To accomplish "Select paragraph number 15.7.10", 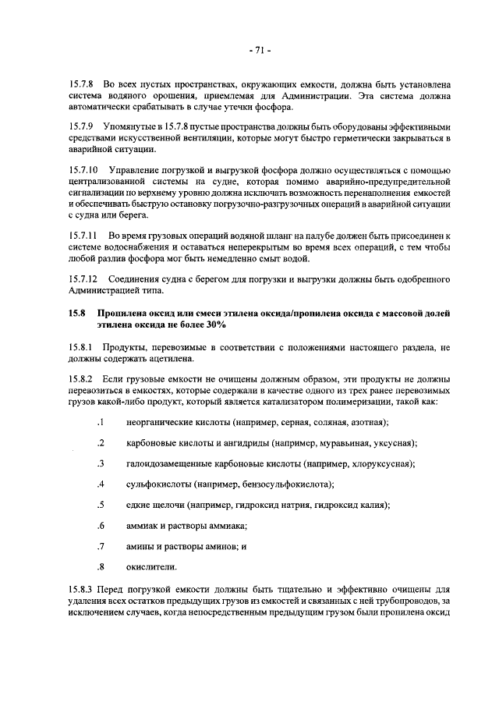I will click(84, 171).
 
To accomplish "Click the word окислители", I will click(150, 566).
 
